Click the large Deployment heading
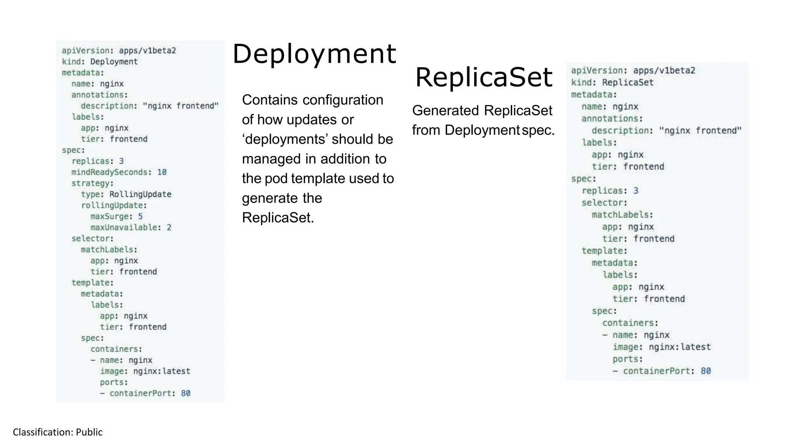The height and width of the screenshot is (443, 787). click(314, 54)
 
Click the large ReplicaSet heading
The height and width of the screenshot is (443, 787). click(483, 77)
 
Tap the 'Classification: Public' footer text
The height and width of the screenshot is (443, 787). click(58, 432)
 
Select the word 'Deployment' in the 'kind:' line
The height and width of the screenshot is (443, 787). click(114, 62)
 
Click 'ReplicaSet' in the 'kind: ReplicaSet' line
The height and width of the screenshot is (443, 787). click(628, 83)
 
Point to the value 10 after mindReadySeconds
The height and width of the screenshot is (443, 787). click(162, 172)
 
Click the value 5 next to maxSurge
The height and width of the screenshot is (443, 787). click(140, 217)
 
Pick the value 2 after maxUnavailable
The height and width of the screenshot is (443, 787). click(169, 228)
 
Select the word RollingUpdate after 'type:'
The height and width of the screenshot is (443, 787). click(140, 195)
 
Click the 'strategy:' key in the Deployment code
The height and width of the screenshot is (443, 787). click(92, 183)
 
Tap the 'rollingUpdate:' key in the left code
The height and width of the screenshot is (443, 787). click(114, 206)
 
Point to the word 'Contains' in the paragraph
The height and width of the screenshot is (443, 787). click(270, 100)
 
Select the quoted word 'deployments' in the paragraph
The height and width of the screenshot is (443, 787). click(285, 139)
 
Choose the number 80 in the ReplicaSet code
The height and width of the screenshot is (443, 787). click(706, 371)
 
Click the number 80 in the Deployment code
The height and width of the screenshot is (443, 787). click(186, 393)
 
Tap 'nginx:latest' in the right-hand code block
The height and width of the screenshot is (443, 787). click(679, 347)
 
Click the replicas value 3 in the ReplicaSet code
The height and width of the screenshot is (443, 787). click(636, 191)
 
